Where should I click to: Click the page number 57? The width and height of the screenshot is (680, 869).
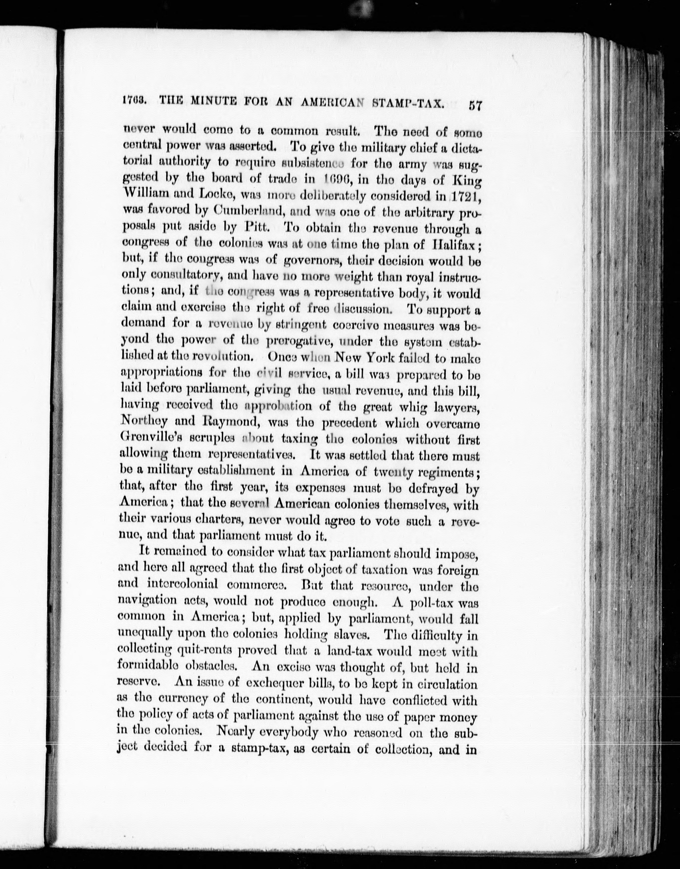(x=475, y=106)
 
